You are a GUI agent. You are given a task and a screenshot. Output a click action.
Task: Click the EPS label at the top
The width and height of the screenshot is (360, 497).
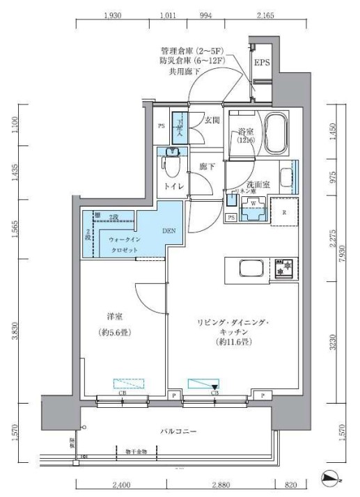tap(261, 63)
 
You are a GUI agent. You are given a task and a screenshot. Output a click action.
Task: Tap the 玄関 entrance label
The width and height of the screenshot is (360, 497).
tap(212, 120)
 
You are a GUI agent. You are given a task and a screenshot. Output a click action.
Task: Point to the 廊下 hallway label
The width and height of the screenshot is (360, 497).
tap(206, 167)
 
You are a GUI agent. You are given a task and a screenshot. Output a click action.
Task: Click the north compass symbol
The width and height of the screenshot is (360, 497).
tap(331, 478)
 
